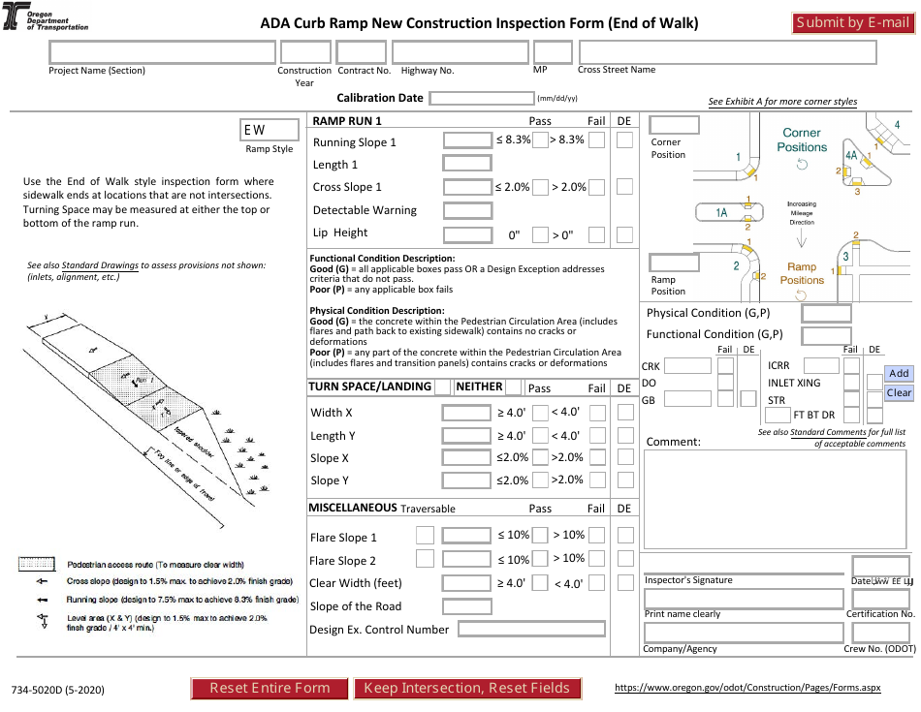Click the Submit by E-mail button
tap(852, 23)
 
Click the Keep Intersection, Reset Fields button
tap(466, 688)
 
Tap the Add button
tap(899, 374)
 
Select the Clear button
tap(899, 392)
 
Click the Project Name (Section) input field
tap(162, 52)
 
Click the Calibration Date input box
tap(482, 98)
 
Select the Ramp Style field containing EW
tap(269, 130)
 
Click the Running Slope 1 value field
tap(467, 140)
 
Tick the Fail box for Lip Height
tap(597, 234)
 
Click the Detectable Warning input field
tap(467, 210)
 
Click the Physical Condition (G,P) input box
tap(827, 313)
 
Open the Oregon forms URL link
tap(747, 688)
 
